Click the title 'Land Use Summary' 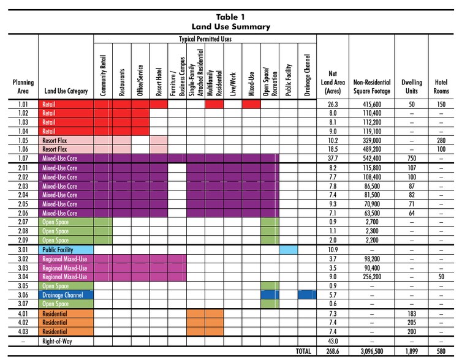[230, 26]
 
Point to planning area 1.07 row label [23, 158]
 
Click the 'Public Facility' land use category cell [58, 250]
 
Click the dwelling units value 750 [412, 158]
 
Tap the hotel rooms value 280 [441, 140]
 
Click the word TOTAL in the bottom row [303, 351]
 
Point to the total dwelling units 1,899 [412, 351]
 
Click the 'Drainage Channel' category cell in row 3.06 [63, 295]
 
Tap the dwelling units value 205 [412, 323]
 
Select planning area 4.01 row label [23, 313]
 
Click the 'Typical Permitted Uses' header [205, 39]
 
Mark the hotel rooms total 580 [441, 351]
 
